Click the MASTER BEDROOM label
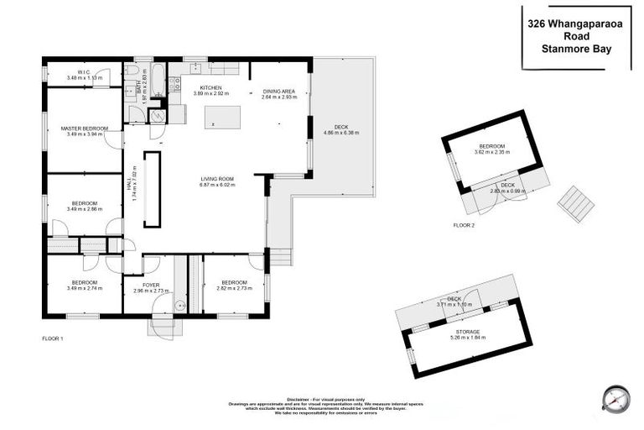click(84, 128)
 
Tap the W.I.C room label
click(84, 72)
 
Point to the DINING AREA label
click(280, 92)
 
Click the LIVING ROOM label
click(216, 178)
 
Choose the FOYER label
click(151, 285)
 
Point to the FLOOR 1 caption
click(53, 338)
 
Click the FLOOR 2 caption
click(464, 225)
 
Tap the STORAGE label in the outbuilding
click(468, 332)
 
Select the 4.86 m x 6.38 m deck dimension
click(340, 133)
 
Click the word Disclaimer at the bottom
click(299, 400)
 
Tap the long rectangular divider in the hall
click(151, 189)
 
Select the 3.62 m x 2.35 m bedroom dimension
click(491, 152)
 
